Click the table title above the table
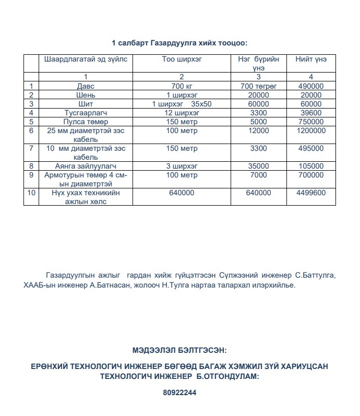[179, 42]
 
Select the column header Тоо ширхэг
[182, 59]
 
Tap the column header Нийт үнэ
[311, 59]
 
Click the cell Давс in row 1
[86, 86]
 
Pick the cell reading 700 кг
[182, 86]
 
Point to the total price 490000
[311, 86]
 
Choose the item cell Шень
[86, 95]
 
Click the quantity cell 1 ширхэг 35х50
[182, 104]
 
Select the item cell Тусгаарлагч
[86, 113]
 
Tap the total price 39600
[311, 113]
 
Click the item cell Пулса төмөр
[86, 122]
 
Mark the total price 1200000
[311, 130]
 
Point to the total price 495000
[311, 148]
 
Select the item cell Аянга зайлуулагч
[86, 166]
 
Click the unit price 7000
[258, 175]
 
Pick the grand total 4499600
[311, 193]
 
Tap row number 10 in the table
[31, 193]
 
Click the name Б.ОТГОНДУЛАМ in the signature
[226, 376]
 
